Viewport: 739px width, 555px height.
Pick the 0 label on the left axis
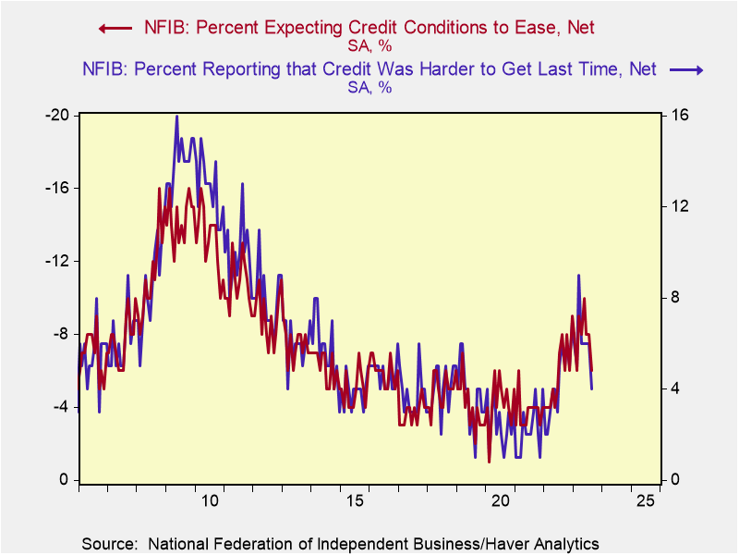tap(65, 480)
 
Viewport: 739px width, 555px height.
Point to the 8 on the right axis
tap(674, 297)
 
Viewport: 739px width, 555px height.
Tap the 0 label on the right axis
tap(674, 480)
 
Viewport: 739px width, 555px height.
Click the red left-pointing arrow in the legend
tap(111, 28)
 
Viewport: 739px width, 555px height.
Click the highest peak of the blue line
tap(176, 116)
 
